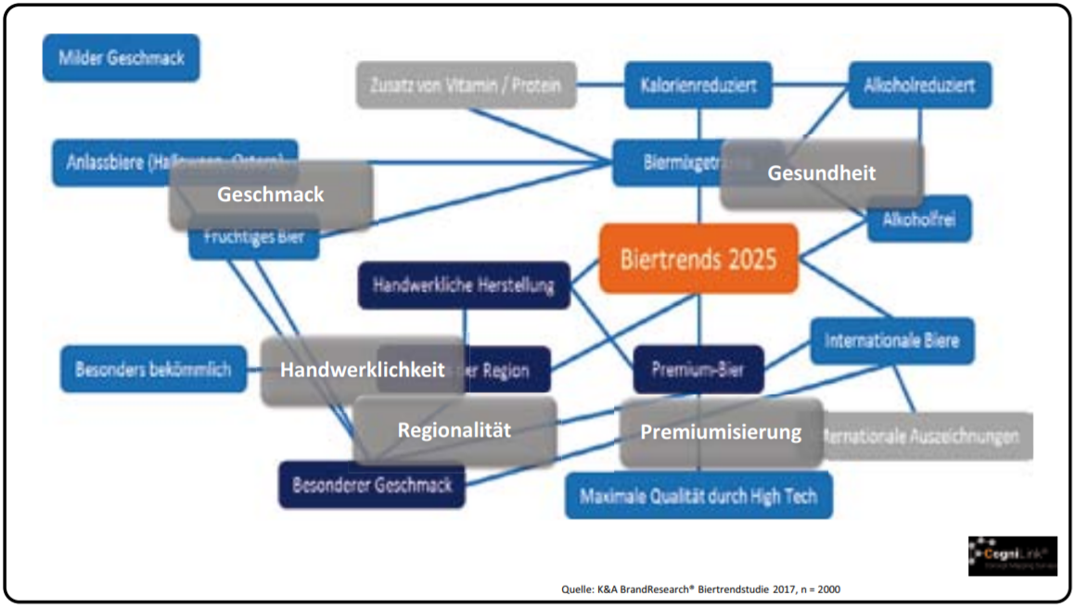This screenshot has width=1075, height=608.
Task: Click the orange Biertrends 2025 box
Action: [698, 258]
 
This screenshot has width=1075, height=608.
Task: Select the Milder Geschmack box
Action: [122, 58]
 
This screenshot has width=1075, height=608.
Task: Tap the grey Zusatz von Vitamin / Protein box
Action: [466, 86]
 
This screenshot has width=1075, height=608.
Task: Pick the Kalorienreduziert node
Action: [698, 86]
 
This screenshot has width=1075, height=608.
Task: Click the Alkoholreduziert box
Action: [918, 86]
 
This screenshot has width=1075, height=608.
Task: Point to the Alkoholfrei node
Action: [919, 220]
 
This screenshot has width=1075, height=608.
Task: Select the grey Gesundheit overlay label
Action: [821, 173]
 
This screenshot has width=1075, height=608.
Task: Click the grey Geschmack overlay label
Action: [270, 195]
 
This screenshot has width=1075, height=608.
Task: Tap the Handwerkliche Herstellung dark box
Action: [464, 285]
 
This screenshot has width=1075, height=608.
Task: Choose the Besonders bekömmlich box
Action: [147, 369]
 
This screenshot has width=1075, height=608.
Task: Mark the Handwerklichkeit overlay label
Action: [362, 370]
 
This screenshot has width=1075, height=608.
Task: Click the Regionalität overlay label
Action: [454, 431]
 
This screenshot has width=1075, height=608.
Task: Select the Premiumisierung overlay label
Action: [721, 433]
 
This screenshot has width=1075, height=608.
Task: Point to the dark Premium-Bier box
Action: [698, 370]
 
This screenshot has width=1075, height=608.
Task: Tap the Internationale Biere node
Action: [891, 340]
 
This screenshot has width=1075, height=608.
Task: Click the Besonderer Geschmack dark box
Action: [372, 485]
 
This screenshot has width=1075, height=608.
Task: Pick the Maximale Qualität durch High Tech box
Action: [698, 496]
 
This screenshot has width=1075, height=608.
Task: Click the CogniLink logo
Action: [1012, 555]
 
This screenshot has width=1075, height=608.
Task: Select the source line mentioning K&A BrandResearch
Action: [701, 589]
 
